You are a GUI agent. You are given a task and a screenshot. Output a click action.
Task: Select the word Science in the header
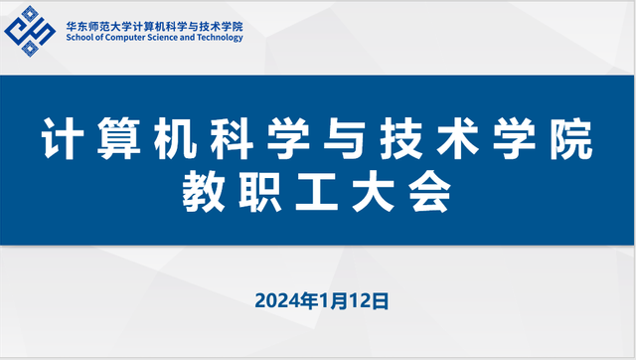(x=164, y=39)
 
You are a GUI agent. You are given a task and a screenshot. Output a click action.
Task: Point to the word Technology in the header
(x=220, y=39)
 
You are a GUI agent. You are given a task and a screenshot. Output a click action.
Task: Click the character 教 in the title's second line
(x=203, y=194)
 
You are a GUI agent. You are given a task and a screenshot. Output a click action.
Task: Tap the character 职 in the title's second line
(x=260, y=194)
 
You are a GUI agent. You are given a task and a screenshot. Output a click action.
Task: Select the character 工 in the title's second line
(x=318, y=194)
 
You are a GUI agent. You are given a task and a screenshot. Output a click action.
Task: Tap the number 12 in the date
(x=360, y=299)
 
